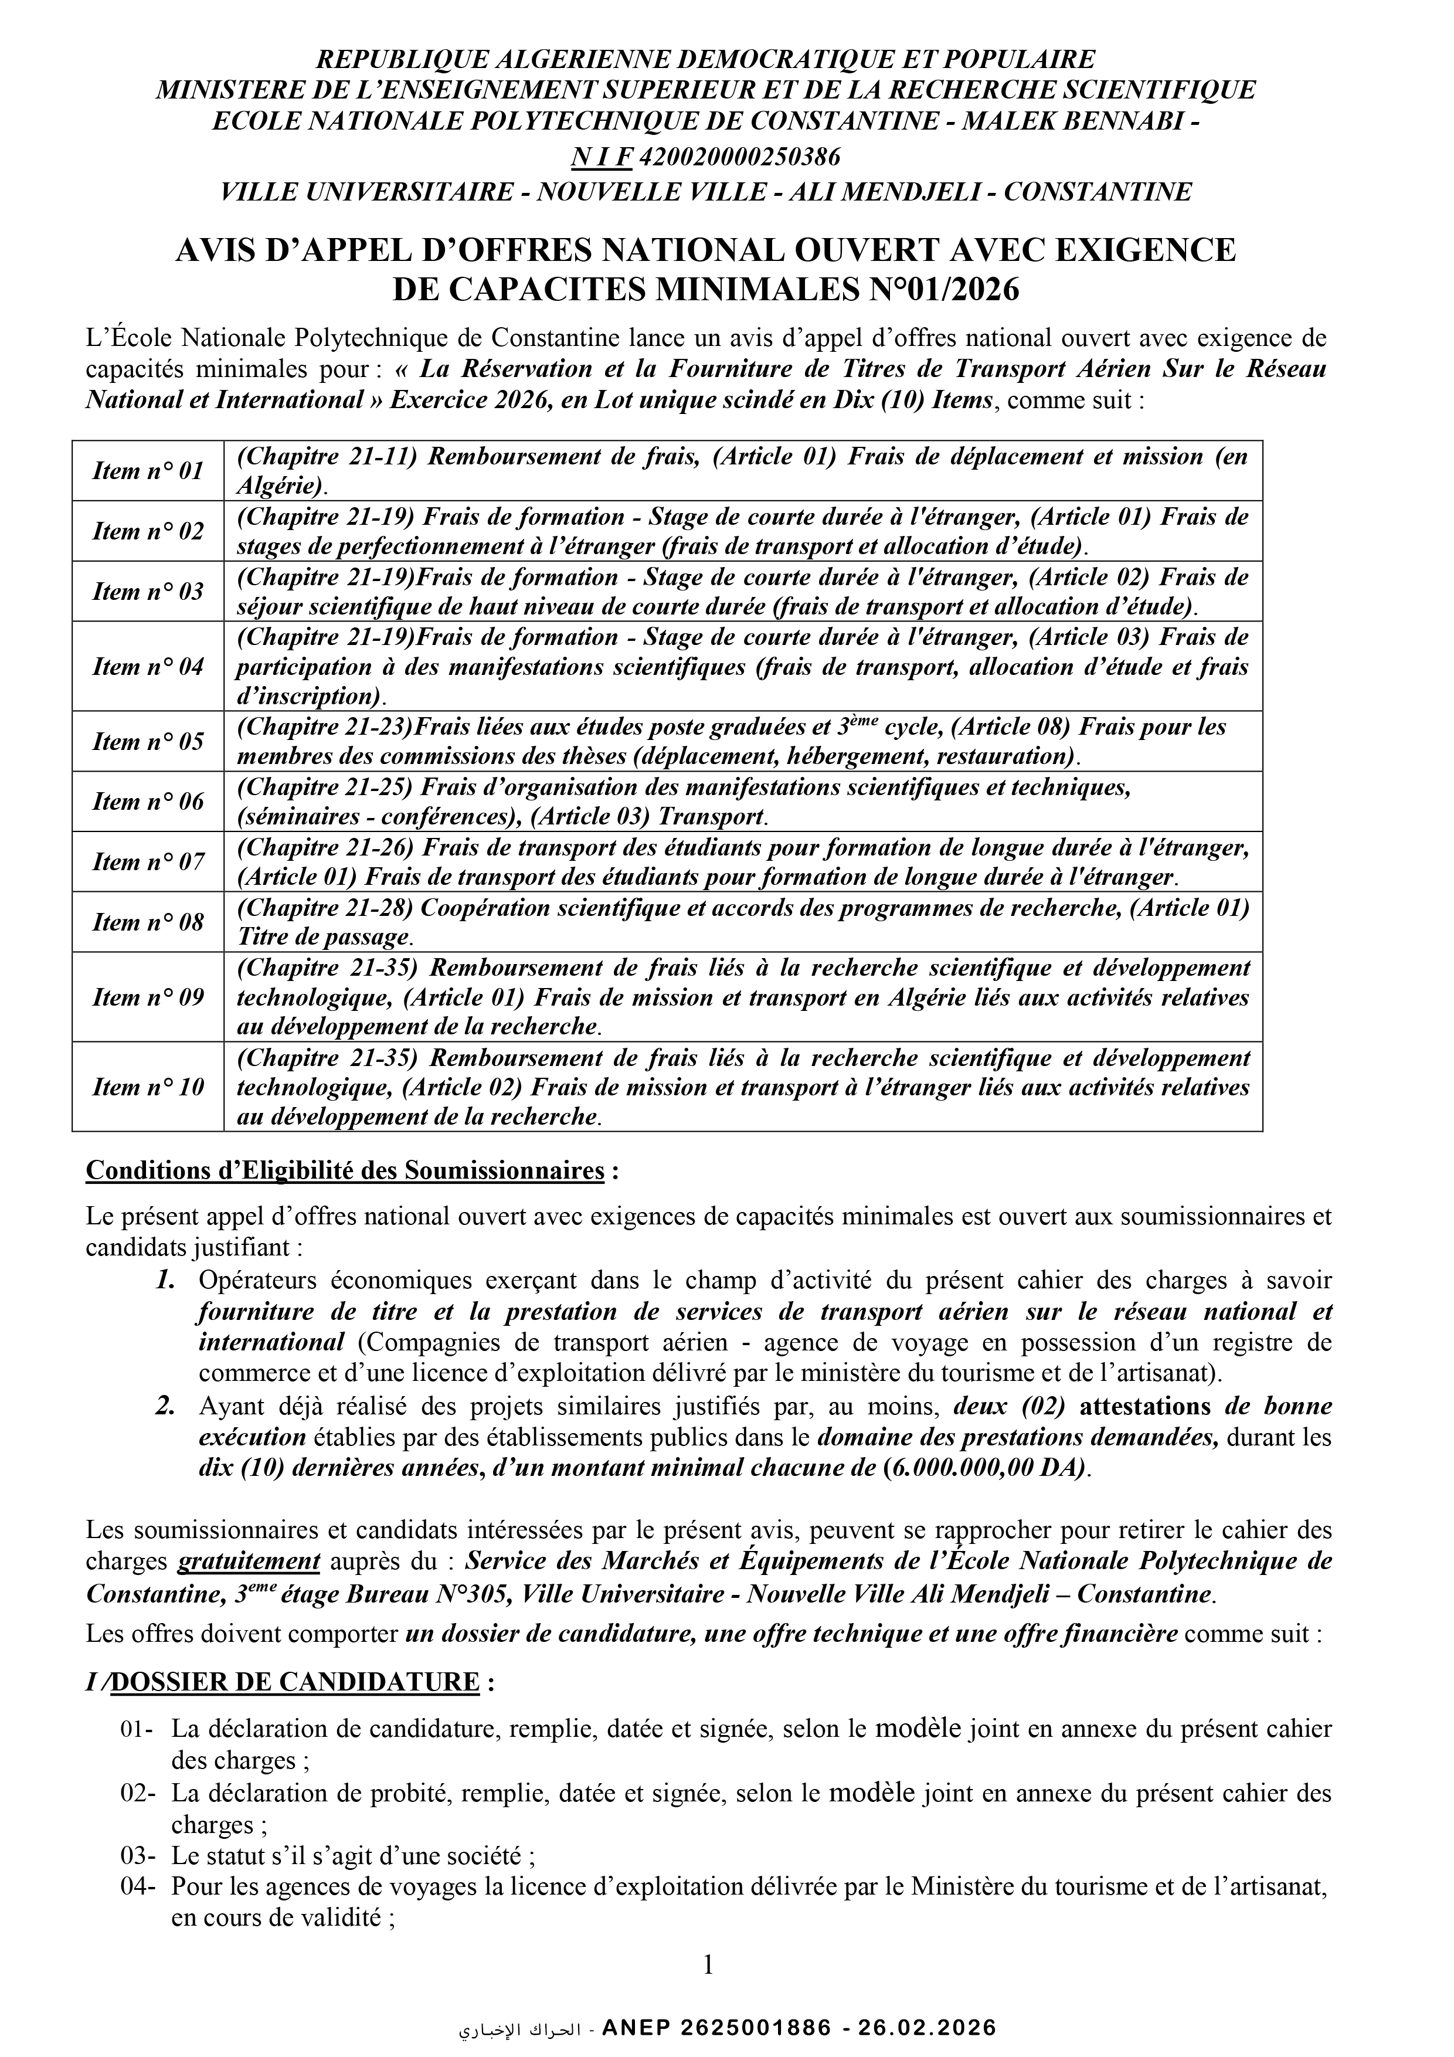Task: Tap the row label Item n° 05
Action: point(148,742)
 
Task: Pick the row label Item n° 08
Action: point(148,922)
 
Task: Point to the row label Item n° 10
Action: point(148,1087)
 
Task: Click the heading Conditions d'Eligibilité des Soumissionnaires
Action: point(345,1171)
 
